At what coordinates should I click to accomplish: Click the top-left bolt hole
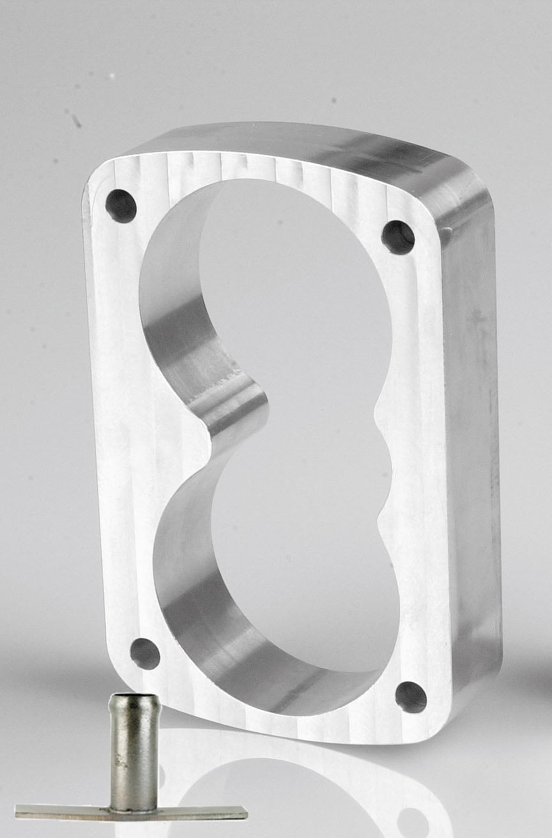click(x=121, y=206)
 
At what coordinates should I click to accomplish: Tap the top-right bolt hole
click(x=398, y=237)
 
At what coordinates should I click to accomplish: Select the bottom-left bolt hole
click(x=145, y=653)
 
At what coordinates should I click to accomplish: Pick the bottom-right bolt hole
click(x=410, y=697)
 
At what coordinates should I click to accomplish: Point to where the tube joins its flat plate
click(x=134, y=806)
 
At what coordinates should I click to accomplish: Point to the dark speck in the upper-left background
click(x=75, y=119)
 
